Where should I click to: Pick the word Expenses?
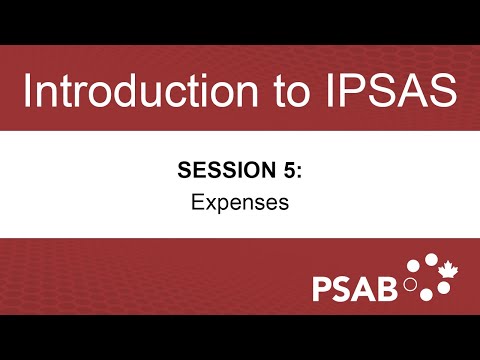coord(240,203)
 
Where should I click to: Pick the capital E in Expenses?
coord(196,203)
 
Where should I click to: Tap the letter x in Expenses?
coord(207,204)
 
